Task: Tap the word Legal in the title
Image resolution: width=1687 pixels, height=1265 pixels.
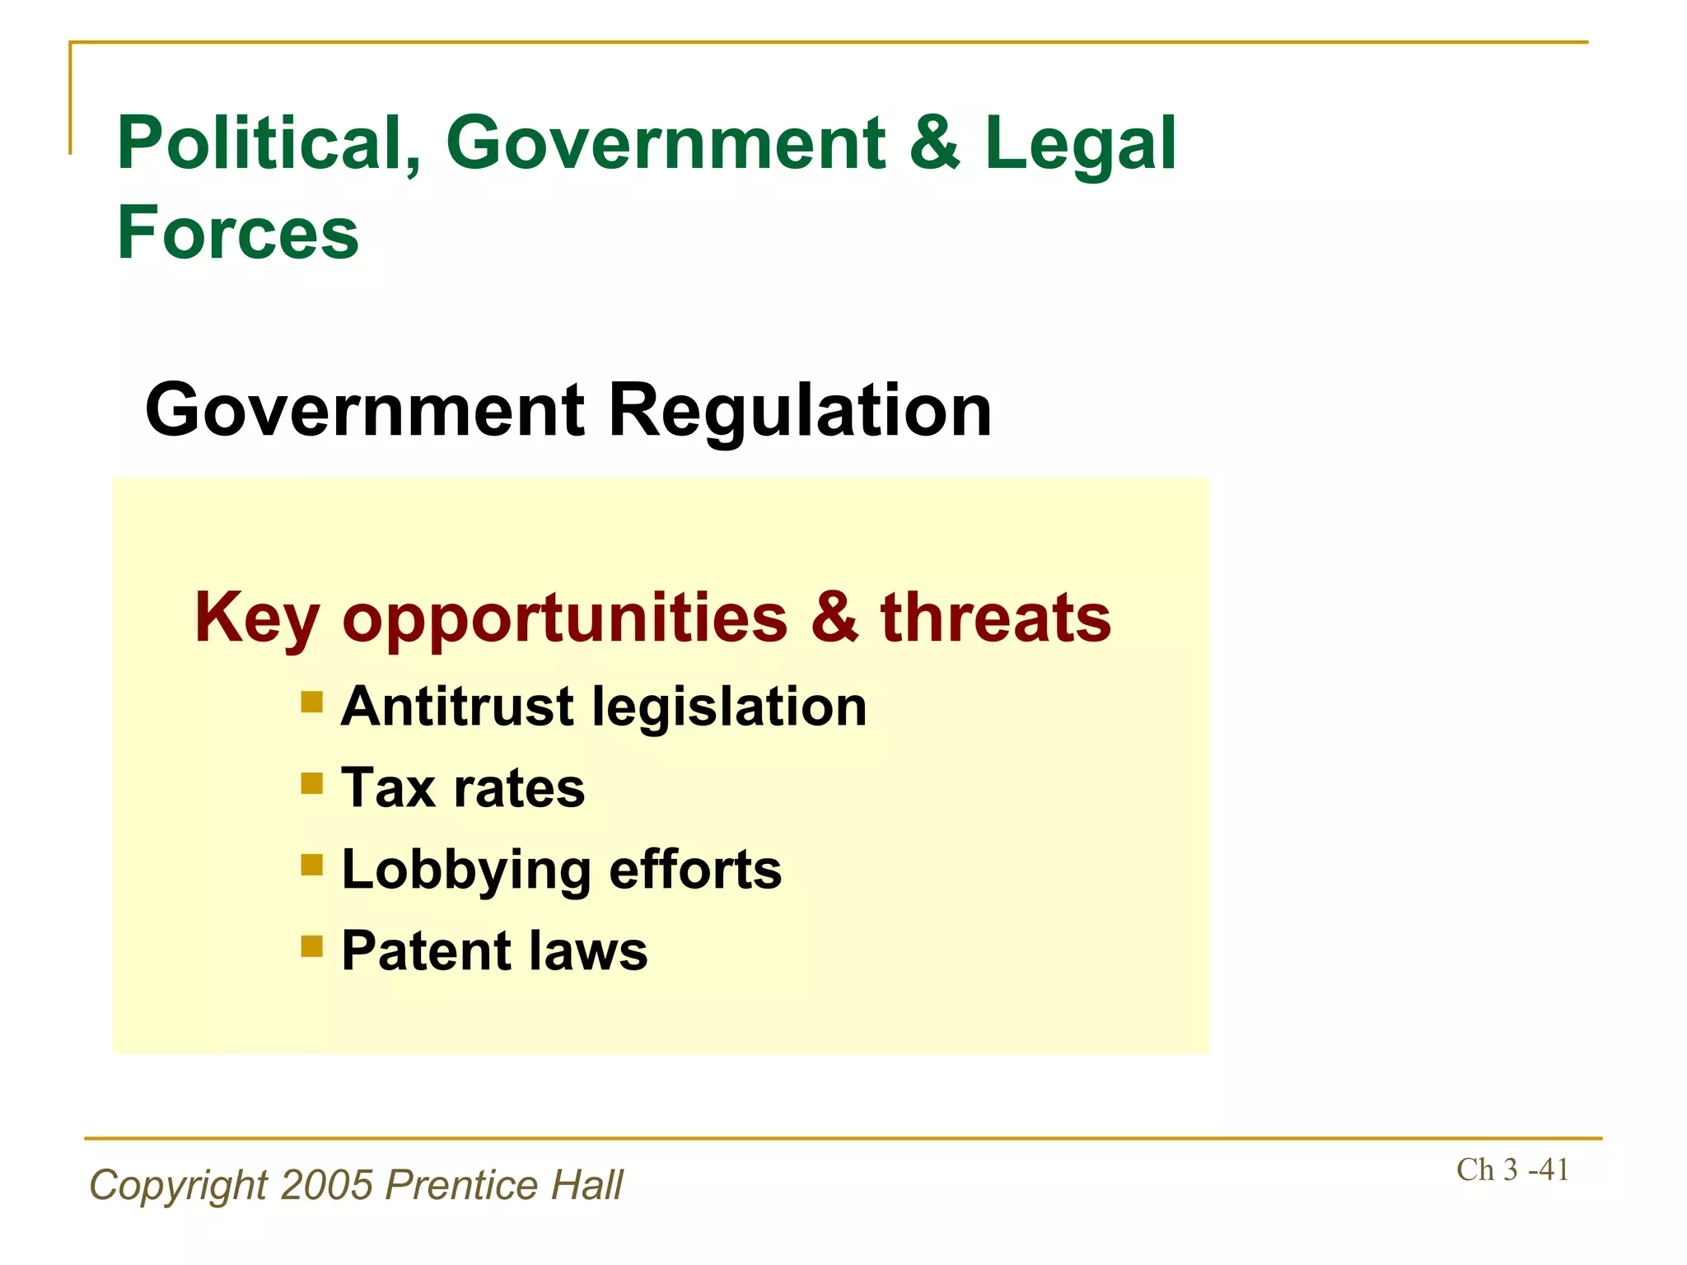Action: [x=1080, y=145]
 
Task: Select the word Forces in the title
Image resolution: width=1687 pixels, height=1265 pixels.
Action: [x=238, y=233]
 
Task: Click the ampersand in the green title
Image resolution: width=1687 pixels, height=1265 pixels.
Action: [x=935, y=143]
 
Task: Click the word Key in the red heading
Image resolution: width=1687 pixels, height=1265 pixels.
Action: [x=256, y=618]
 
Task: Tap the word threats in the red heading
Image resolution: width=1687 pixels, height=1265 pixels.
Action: [x=996, y=618]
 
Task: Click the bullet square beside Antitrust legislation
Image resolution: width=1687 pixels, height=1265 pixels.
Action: [x=312, y=702]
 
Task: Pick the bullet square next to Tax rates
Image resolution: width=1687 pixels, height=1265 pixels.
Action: [x=312, y=782]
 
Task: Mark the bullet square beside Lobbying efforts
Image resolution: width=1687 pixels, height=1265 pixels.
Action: [x=312, y=864]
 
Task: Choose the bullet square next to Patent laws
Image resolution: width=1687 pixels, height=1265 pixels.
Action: [x=312, y=945]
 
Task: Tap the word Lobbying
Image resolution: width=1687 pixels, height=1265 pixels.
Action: [x=466, y=871]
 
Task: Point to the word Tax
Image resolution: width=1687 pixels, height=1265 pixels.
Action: [x=388, y=788]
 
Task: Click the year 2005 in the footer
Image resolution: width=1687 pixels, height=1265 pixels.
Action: [x=327, y=1185]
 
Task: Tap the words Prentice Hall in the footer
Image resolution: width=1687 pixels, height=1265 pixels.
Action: [x=504, y=1185]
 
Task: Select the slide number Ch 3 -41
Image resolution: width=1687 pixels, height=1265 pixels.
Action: [x=1512, y=1169]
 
